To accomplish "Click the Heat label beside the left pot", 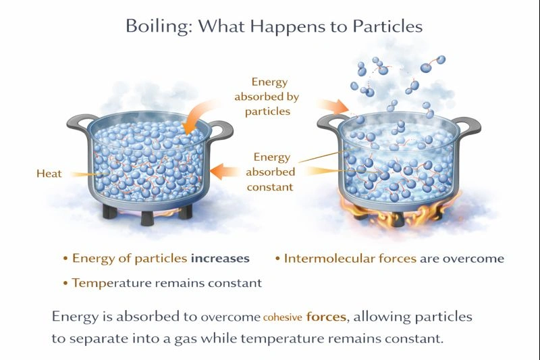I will point(49,174).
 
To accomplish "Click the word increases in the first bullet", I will point(220,258).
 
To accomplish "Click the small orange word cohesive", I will point(283,317).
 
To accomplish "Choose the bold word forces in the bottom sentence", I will point(328,316).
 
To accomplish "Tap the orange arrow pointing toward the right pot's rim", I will point(332,105).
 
